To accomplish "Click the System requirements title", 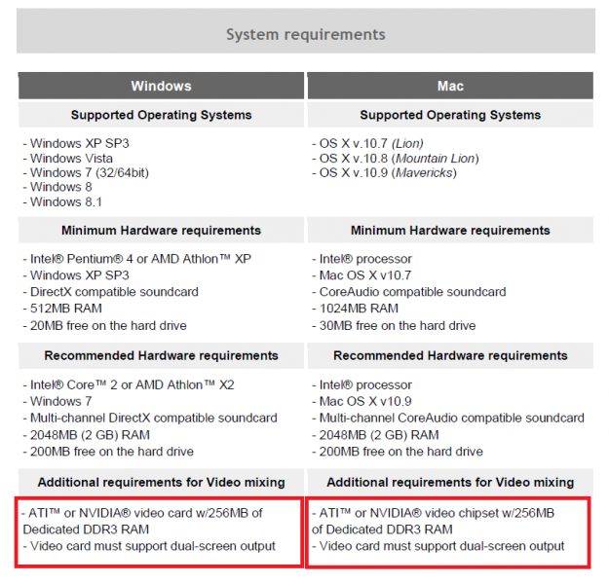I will click(x=305, y=35).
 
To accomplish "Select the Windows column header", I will click(x=162, y=86).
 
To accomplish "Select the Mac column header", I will click(x=450, y=86).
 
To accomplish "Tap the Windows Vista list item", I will click(x=67, y=159).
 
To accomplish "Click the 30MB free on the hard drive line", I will click(x=395, y=325).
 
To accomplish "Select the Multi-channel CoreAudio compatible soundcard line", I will click(x=448, y=419).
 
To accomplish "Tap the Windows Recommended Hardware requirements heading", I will click(x=161, y=356).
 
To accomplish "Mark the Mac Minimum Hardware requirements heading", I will click(x=450, y=231).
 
